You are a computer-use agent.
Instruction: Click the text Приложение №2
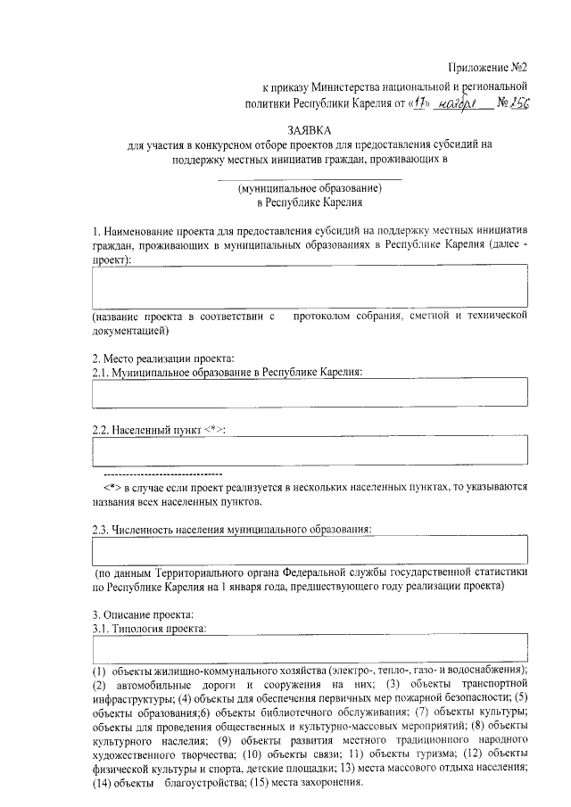[x=488, y=68]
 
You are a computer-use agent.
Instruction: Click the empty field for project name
[x=310, y=287]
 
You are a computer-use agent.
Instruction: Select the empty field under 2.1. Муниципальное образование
[x=310, y=391]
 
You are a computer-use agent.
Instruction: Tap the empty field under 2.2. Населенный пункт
[x=310, y=449]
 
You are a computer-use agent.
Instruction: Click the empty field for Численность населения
[x=310, y=548]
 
